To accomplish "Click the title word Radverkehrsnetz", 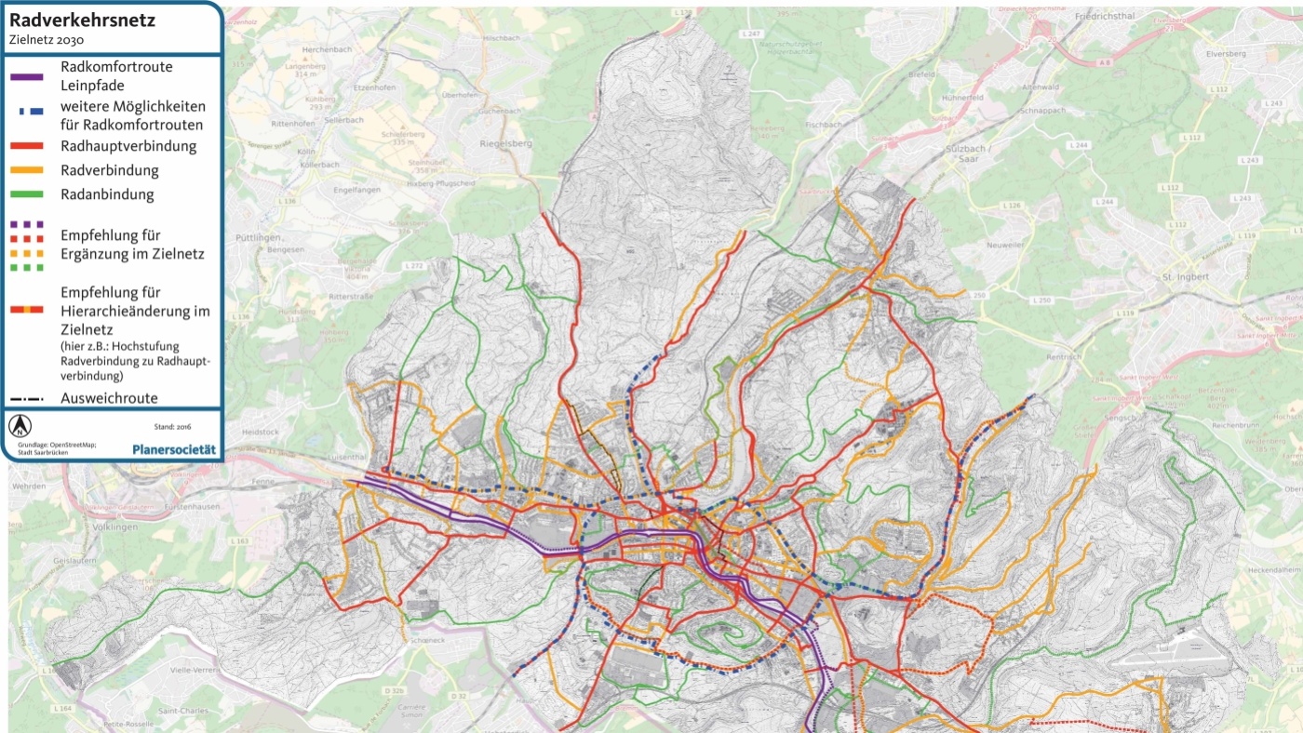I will click(83, 20).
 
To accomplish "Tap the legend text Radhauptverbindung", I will click(128, 146).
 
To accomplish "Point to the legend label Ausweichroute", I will click(109, 398).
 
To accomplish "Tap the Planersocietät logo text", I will click(174, 449).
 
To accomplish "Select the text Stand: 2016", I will click(172, 427).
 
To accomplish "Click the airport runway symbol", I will click(1177, 658).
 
